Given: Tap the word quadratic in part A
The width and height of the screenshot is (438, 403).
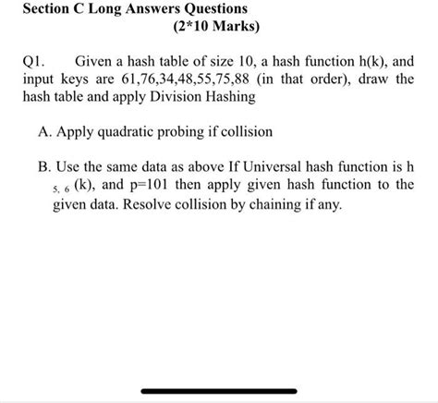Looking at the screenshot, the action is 135,132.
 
